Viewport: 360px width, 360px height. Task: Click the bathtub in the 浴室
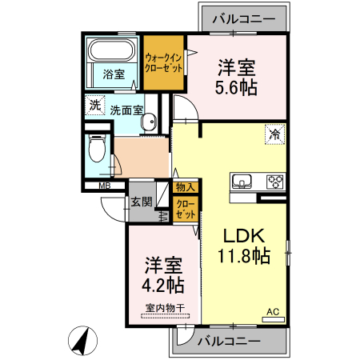point(111,50)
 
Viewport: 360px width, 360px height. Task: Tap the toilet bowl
point(97,148)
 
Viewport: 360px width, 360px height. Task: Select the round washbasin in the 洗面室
point(148,122)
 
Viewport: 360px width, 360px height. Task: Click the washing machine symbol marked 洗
point(95,105)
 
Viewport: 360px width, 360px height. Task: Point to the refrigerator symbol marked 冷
point(275,134)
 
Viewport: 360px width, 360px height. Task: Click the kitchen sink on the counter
point(242,182)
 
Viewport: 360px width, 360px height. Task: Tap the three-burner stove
point(275,182)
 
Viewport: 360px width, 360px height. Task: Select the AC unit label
point(273,311)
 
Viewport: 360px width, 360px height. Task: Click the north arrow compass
point(82,341)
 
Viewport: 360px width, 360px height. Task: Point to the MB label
point(105,186)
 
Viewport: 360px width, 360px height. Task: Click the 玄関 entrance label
point(142,202)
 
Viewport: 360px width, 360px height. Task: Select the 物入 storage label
point(186,187)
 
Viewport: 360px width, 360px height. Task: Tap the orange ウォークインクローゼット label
point(163,63)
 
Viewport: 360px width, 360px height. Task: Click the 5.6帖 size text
point(236,87)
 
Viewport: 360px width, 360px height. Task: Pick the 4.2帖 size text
point(162,285)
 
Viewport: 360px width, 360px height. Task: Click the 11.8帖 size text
point(244,256)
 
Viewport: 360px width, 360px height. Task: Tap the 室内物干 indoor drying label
point(165,308)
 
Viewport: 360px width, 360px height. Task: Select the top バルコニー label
point(244,18)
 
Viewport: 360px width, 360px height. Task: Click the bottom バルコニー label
point(229,341)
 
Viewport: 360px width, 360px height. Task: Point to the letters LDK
point(244,236)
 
